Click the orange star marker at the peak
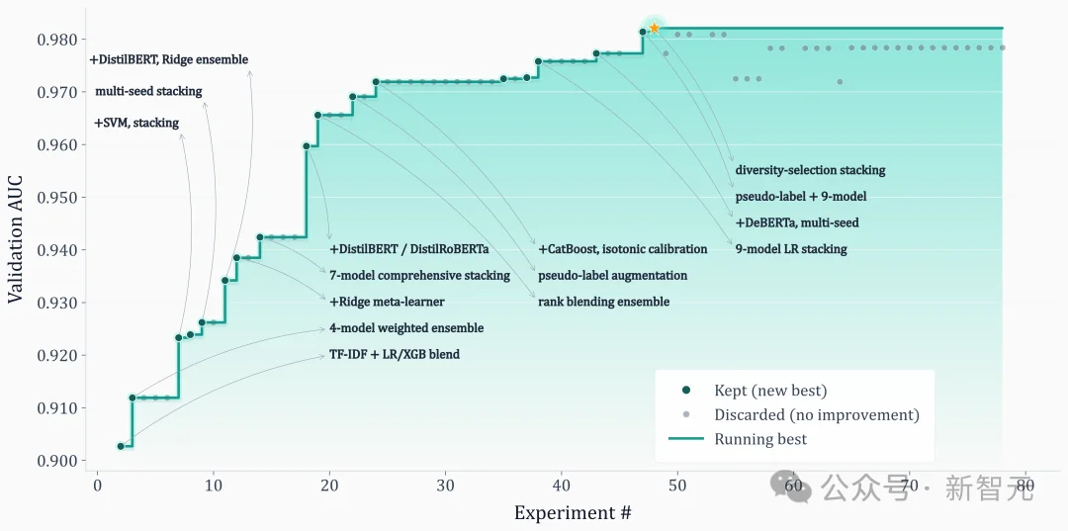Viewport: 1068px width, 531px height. click(654, 29)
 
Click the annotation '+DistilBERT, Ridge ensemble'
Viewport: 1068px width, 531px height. click(169, 60)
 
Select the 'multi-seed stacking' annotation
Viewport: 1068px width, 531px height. click(148, 92)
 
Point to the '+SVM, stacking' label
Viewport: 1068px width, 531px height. click(136, 124)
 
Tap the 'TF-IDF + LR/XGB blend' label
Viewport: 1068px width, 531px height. click(395, 354)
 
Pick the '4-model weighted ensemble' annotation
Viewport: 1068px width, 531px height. click(406, 328)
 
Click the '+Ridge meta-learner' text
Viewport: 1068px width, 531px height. click(387, 302)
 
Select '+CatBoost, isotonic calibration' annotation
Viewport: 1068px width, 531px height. click(623, 249)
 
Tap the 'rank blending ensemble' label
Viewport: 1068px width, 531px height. click(603, 302)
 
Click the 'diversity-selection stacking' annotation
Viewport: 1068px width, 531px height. click(810, 170)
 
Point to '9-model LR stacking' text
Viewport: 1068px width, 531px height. click(791, 249)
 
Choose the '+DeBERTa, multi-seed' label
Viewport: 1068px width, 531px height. click(797, 223)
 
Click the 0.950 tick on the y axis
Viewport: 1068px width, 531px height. click(55, 198)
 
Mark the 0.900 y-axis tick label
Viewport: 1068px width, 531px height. click(55, 461)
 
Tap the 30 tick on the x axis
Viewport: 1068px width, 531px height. click(445, 486)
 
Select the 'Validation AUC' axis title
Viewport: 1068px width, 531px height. click(16, 237)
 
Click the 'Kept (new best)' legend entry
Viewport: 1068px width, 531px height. click(770, 391)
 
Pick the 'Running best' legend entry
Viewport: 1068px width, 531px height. click(760, 439)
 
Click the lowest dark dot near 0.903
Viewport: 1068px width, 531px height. click(121, 446)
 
